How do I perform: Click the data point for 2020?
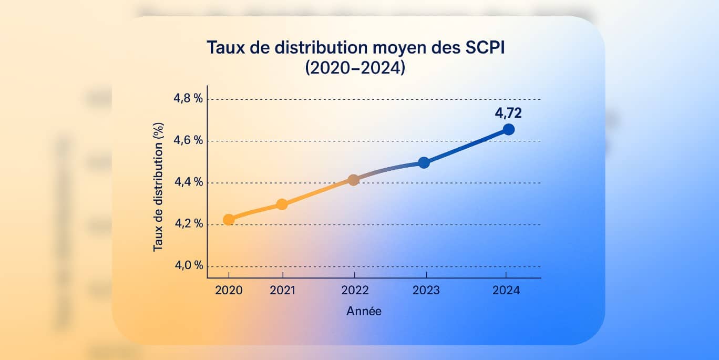229,220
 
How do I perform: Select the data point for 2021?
282,204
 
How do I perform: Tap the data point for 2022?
354,180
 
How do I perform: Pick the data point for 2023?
424,163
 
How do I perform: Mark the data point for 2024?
508,129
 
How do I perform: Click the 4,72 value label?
508,112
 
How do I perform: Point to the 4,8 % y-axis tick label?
188,99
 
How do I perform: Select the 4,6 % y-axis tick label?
188,141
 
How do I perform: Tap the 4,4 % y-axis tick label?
188,182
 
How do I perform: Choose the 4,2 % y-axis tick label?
188,224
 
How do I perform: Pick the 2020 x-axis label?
229,291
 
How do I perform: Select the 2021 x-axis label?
282,291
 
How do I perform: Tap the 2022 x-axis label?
354,291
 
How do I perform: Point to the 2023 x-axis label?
426,291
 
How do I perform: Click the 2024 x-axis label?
506,291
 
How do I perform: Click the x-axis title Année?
364,311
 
